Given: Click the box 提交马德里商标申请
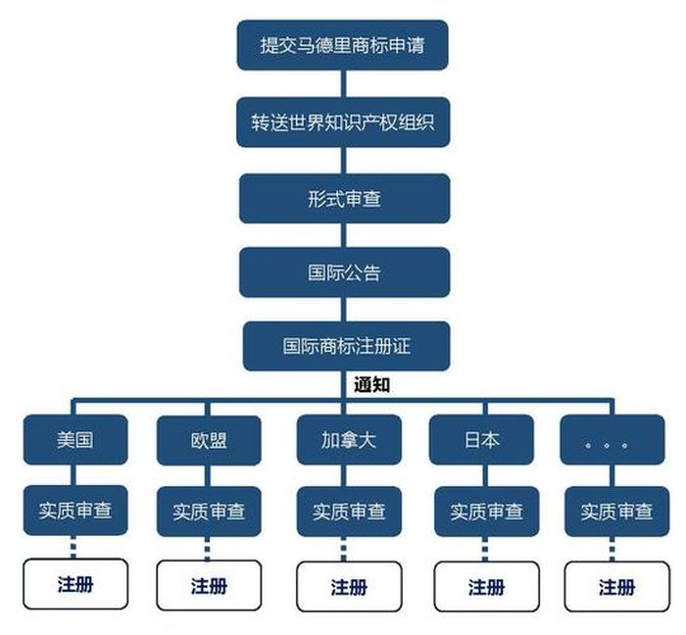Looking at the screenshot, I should click(342, 45).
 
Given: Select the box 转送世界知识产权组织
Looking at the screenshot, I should click(342, 122).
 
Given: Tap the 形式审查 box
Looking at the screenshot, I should click(344, 199).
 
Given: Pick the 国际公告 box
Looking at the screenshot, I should click(344, 272).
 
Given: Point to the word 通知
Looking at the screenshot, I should click(372, 385).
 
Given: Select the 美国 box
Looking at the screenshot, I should click(75, 439).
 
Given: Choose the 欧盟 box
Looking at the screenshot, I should click(209, 440).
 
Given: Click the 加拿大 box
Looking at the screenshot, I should click(349, 439).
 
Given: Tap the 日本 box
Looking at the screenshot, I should click(481, 440).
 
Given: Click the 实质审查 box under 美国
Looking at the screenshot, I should click(75, 512).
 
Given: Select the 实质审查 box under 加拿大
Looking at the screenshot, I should click(349, 512).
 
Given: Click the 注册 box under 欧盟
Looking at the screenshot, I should click(209, 586).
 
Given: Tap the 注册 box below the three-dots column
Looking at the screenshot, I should click(616, 586).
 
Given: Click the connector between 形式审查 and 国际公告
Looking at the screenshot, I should click(344, 235).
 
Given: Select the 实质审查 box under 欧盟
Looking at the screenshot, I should click(209, 512).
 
